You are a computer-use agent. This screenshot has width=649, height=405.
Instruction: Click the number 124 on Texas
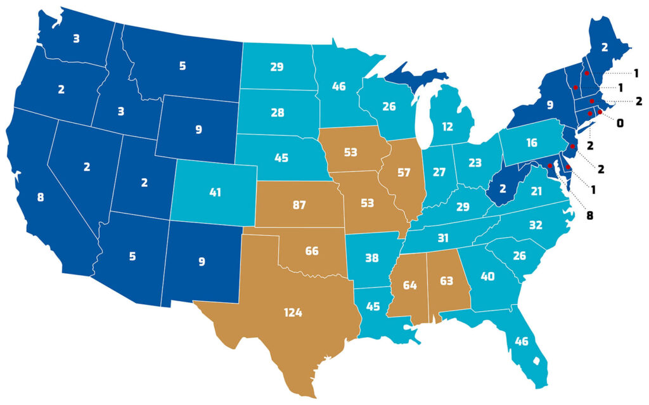click(x=293, y=312)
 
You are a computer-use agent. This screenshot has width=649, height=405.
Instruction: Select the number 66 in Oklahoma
click(x=311, y=251)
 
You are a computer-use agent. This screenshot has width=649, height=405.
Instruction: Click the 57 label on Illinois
click(x=404, y=172)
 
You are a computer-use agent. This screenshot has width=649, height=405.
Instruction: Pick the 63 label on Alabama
click(x=446, y=281)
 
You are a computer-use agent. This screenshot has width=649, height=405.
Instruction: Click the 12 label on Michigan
click(x=447, y=126)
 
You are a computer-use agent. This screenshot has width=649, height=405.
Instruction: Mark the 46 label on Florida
click(x=522, y=342)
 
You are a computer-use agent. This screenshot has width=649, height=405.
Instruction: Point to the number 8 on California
click(x=41, y=197)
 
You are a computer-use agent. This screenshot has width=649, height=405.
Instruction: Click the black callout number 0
click(x=620, y=123)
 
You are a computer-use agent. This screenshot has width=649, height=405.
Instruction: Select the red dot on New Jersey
click(x=572, y=146)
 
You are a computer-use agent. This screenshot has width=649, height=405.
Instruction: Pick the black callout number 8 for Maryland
click(x=589, y=215)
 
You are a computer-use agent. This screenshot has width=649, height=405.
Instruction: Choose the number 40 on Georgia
click(x=487, y=276)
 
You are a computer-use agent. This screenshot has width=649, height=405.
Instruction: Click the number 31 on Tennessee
click(x=442, y=238)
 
